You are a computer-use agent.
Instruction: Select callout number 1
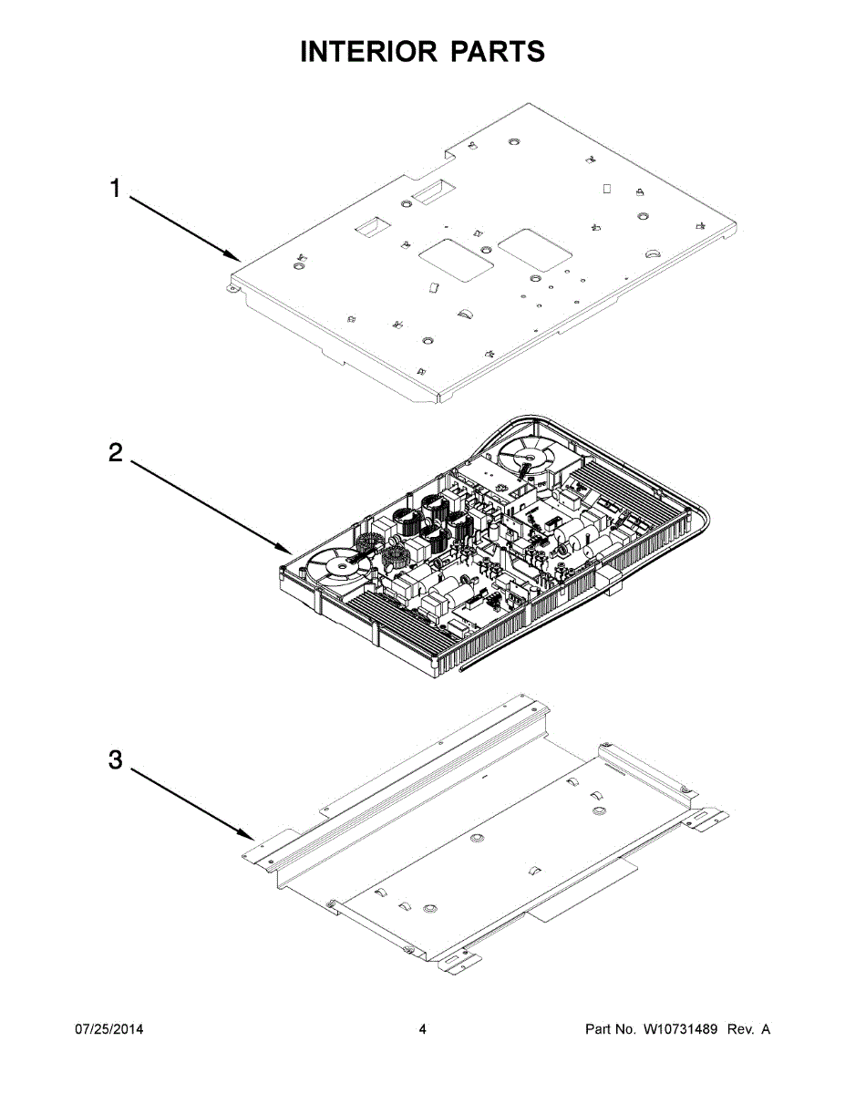(115, 189)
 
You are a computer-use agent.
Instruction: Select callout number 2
(115, 453)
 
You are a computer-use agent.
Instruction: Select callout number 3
(115, 760)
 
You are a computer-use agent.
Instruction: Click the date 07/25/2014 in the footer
(108, 1029)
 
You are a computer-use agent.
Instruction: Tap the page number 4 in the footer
(422, 1029)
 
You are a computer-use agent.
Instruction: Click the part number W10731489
(681, 1029)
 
